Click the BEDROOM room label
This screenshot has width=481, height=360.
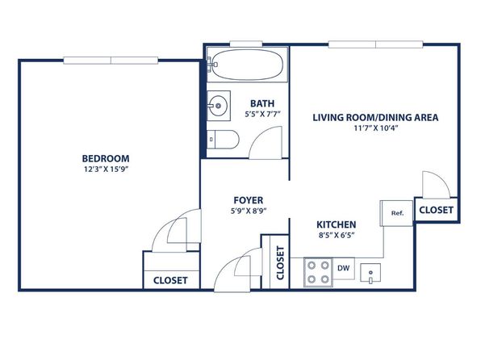[106, 158]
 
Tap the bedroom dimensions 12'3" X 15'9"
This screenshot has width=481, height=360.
[106, 170]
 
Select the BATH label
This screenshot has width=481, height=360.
[262, 103]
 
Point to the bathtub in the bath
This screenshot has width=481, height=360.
[247, 65]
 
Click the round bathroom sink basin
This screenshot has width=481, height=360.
[218, 106]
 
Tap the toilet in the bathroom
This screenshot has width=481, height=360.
[223, 140]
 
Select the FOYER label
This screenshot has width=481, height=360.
[249, 200]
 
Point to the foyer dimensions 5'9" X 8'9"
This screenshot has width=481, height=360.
[249, 211]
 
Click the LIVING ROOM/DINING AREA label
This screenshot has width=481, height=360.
[375, 118]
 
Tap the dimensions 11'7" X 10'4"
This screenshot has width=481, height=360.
[376, 128]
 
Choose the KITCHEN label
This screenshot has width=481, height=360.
[337, 224]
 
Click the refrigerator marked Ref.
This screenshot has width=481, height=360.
[396, 213]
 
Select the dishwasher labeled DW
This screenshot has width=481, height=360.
[344, 268]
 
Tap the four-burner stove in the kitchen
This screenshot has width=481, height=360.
[319, 272]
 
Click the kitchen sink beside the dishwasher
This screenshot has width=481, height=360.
[370, 273]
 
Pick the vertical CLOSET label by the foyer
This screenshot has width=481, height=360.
[280, 263]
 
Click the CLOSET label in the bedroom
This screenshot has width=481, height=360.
[170, 281]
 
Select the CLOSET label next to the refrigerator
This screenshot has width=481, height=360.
[436, 210]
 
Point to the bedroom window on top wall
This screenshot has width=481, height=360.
[111, 61]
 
